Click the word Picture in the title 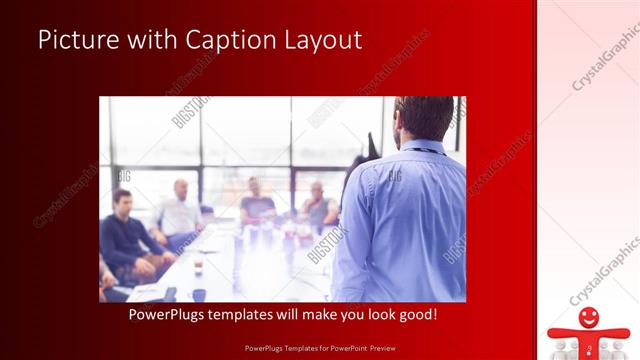tap(79, 40)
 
